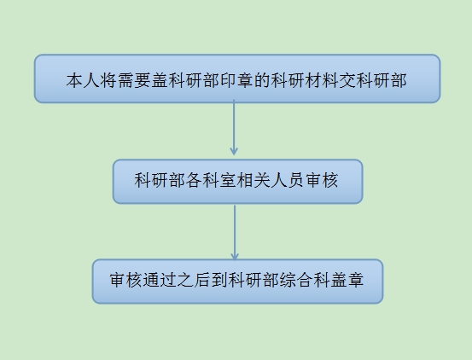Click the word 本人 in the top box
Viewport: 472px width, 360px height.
[83, 80]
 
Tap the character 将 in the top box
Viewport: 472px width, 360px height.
[108, 80]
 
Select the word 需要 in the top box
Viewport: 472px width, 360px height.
[134, 80]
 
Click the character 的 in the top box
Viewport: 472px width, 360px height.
[262, 80]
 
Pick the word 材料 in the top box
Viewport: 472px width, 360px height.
[322, 80]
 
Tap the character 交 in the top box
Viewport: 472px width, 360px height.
[347, 80]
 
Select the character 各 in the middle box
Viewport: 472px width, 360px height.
[194, 181]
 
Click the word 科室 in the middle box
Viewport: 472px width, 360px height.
[219, 181]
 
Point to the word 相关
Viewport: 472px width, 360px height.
[253, 181]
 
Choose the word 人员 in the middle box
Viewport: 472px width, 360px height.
[288, 181]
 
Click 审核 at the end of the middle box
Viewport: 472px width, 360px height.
[322, 181]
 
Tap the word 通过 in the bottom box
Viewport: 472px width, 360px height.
[160, 280]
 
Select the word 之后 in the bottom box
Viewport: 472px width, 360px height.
[194, 280]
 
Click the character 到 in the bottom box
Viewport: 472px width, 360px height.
[219, 280]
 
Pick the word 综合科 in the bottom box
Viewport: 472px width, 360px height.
[305, 280]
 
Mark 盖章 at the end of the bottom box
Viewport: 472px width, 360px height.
[347, 280]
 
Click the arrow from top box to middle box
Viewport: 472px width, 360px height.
[234, 127]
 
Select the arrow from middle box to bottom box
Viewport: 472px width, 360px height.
[235, 233]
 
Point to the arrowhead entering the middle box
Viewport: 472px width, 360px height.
[234, 152]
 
